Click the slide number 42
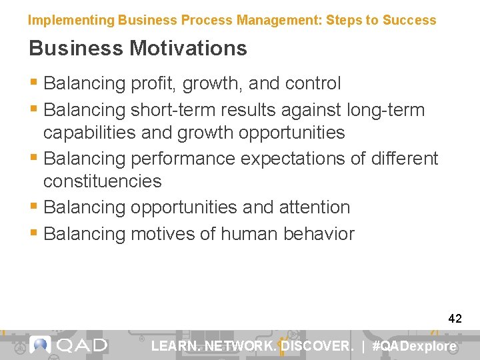click(x=455, y=319)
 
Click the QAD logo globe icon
click(x=41, y=345)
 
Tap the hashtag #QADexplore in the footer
click(x=414, y=346)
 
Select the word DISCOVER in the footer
click(x=317, y=346)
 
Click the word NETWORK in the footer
click(x=241, y=346)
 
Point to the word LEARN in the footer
click(x=175, y=346)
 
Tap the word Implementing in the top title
click(x=71, y=20)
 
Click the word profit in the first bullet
click(x=152, y=84)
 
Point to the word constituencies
click(x=102, y=181)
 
